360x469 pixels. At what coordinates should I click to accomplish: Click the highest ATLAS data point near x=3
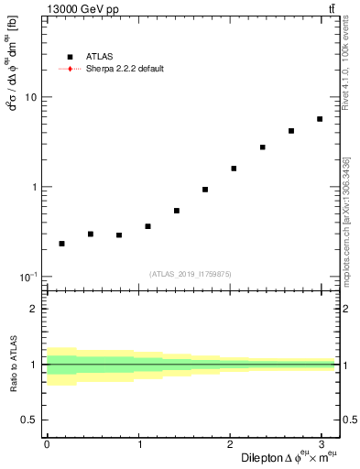point(320,119)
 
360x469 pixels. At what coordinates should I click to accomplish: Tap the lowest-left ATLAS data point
point(61,244)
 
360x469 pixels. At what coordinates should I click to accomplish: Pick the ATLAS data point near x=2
point(234,169)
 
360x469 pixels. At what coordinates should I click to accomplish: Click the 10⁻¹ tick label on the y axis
point(30,277)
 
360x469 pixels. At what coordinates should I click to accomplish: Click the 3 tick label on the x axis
point(321,443)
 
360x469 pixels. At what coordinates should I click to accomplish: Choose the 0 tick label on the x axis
point(47,443)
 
